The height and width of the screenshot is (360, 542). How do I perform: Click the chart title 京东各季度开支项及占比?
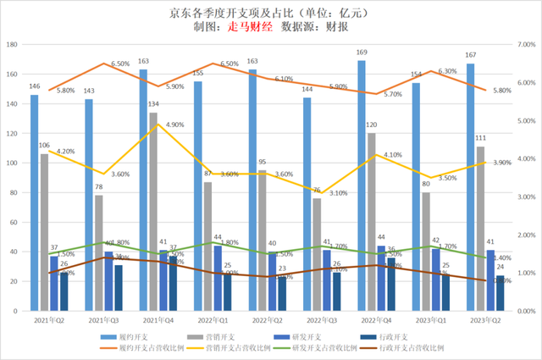[246, 11]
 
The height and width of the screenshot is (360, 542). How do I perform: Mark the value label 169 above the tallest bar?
[362, 53]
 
